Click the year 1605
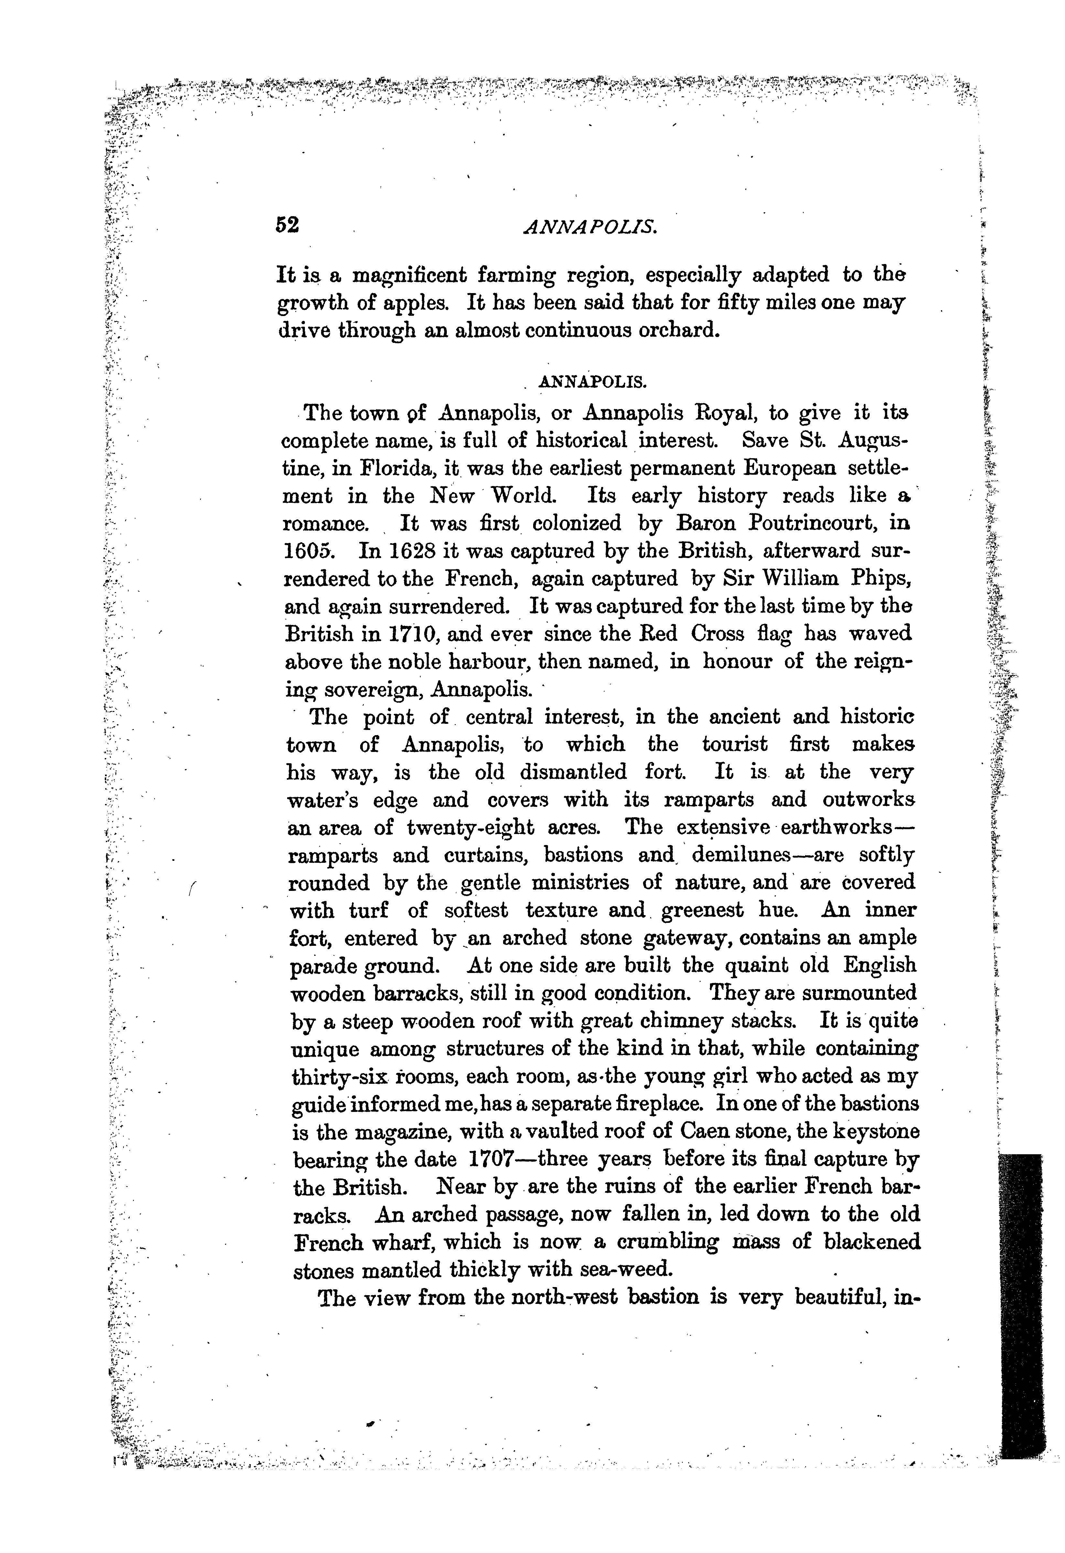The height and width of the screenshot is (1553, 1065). point(308,551)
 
